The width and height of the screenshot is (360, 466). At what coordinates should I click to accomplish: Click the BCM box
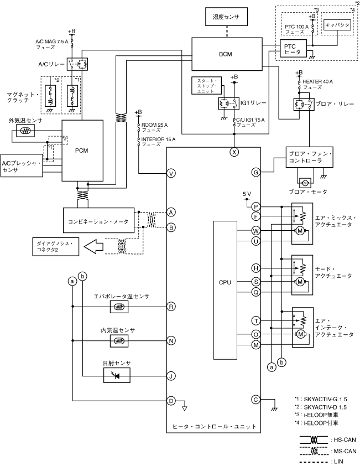tap(226, 54)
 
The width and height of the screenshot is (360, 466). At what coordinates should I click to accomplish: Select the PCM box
tap(82, 150)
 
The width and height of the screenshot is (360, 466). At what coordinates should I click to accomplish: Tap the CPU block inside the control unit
tap(225, 282)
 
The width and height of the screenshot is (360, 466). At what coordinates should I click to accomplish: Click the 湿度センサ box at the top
tap(226, 17)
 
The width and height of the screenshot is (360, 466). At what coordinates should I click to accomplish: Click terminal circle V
tap(171, 174)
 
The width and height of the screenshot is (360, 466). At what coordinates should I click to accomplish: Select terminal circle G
tap(255, 172)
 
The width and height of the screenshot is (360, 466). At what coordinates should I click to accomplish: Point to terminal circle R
tap(171, 306)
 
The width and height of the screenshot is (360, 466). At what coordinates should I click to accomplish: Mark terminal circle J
tap(171, 376)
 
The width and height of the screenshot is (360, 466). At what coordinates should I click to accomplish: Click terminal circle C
tap(255, 399)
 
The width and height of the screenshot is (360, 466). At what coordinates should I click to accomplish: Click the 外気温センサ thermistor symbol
tap(24, 131)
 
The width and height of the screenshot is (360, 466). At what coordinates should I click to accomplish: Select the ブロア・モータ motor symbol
tap(305, 182)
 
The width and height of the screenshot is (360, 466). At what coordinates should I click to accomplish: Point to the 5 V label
tap(247, 193)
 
